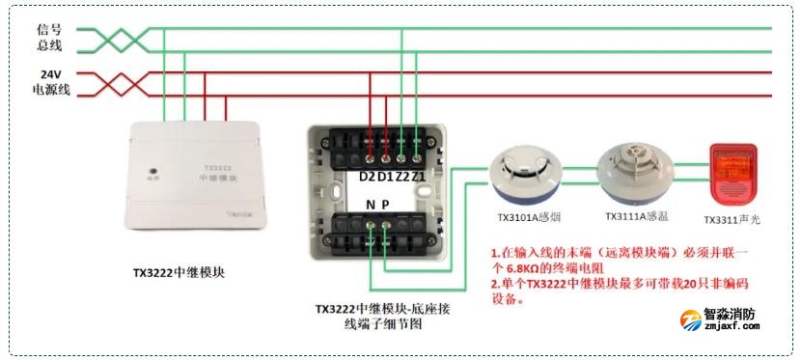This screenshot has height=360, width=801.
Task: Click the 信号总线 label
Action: [49, 38]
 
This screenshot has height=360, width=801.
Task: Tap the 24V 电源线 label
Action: [49, 82]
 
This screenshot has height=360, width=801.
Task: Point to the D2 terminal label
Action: [368, 177]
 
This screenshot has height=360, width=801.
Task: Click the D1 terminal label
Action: [384, 177]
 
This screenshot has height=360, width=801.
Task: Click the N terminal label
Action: [371, 205]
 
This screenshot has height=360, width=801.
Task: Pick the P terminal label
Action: [386, 205]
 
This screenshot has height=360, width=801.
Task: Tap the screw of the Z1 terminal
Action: [416, 154]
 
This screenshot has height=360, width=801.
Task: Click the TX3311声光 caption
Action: [732, 220]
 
